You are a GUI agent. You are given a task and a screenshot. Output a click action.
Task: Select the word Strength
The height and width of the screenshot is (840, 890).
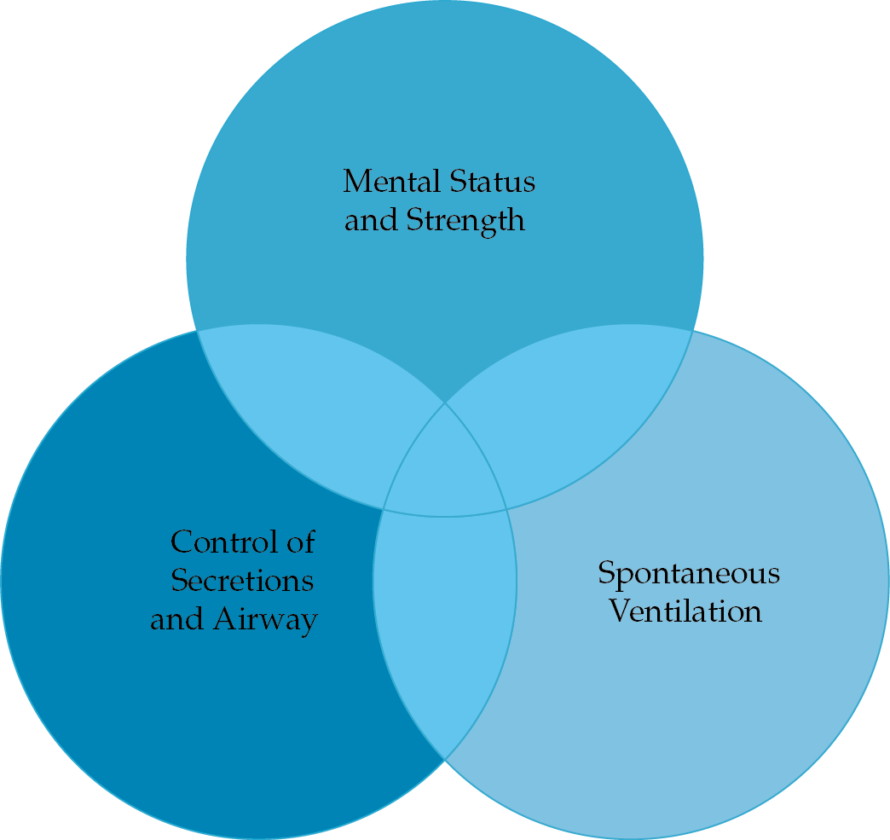coord(465,220)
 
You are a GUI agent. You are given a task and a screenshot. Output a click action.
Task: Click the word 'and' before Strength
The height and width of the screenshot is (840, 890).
coord(371,220)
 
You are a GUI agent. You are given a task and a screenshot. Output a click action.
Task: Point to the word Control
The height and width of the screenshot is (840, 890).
coord(217,542)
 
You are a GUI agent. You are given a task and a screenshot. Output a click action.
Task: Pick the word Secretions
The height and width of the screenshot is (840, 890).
coord(242,581)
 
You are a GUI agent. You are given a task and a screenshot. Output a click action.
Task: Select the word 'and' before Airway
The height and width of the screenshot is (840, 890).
coord(177,619)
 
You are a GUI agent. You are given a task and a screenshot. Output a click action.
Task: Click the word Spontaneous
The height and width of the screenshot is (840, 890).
coord(689,572)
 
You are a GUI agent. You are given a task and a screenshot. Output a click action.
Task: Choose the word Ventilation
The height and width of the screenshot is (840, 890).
coord(685,611)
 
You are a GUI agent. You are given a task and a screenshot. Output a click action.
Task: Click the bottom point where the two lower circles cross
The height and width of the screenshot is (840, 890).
coord(445,758)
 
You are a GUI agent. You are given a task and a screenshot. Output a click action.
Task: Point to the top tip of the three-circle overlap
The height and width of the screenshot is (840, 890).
coord(445,403)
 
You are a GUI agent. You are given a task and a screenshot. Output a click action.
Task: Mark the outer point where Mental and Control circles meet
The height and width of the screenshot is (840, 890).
coord(198,331)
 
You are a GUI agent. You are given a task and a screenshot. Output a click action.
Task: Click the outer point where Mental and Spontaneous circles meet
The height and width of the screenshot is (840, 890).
coord(692,329)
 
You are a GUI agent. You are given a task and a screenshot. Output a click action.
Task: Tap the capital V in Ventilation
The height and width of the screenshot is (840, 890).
coord(620,611)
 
